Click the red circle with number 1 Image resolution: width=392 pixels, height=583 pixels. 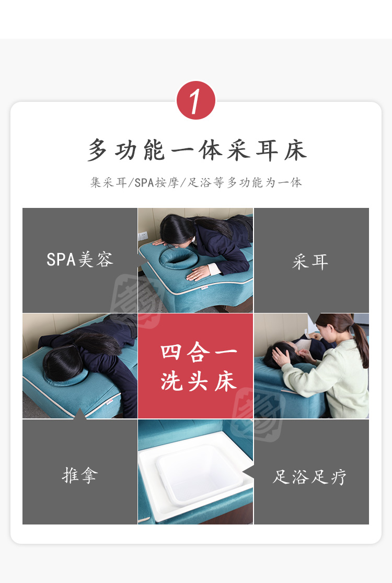tap(195, 100)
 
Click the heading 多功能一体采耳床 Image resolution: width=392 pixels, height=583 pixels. tap(197, 150)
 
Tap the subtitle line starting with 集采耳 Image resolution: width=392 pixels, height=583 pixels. tap(196, 182)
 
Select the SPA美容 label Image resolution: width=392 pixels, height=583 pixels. tap(79, 260)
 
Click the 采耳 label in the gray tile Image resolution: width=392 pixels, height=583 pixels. tap(310, 262)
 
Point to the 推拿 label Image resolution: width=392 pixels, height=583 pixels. tap(80, 475)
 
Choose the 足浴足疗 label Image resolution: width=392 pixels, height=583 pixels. tap(310, 476)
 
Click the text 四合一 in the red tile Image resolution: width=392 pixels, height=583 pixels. tap(198, 352)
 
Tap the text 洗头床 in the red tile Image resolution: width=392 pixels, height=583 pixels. tap(198, 381)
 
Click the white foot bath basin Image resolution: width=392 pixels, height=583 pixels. tap(199, 474)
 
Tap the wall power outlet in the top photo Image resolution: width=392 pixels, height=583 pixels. tap(143, 236)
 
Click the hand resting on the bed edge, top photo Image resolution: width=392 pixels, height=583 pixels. tap(199, 273)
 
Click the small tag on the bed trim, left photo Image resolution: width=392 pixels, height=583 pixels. tap(110, 401)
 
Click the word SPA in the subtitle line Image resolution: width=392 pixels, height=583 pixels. tap(144, 182)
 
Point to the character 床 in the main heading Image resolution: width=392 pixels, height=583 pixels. tap(296, 150)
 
